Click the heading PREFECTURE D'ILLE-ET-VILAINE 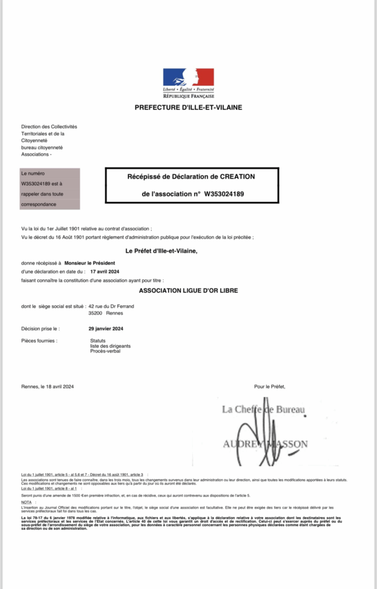pyautogui.click(x=188, y=108)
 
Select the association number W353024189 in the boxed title pyautogui.click(x=224, y=194)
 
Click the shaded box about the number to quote pyautogui.click(x=50, y=189)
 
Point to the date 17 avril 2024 pyautogui.click(x=105, y=271)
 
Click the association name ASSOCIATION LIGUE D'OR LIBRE pyautogui.click(x=188, y=291)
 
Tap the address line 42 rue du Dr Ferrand pyautogui.click(x=111, y=307)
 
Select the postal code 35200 pyautogui.click(x=95, y=313)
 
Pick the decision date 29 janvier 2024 pyautogui.click(x=106, y=329)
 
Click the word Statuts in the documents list pyautogui.click(x=98, y=341)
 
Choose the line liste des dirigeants pyautogui.click(x=110, y=346)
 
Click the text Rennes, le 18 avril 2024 pyautogui.click(x=47, y=387)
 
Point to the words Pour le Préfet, pyautogui.click(x=270, y=387)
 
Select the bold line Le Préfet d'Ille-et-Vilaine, pyautogui.click(x=164, y=251)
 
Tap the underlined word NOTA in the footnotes pyautogui.click(x=26, y=502)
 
